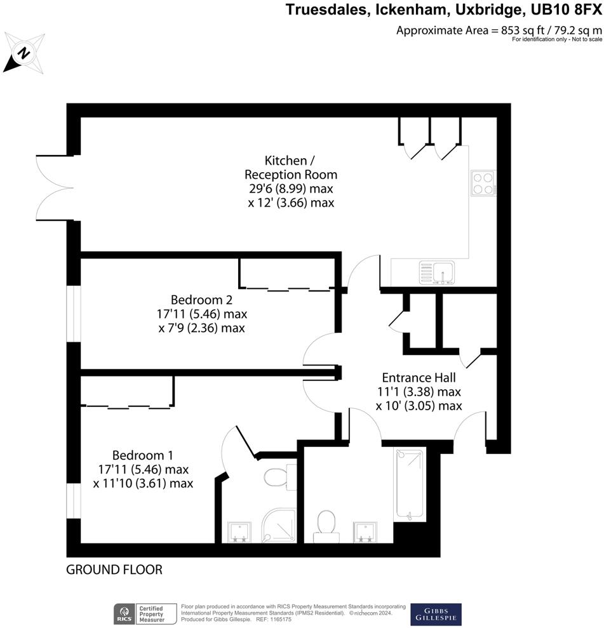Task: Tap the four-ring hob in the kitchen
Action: [x=483, y=182]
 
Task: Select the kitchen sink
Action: [x=435, y=271]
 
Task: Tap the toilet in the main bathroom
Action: [x=326, y=524]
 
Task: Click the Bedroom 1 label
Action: [x=143, y=455]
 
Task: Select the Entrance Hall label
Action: [x=418, y=376]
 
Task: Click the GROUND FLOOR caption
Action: [x=114, y=570]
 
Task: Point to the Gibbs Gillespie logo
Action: [x=436, y=614]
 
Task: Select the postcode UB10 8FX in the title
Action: [x=563, y=10]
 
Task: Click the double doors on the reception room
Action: [x=55, y=187]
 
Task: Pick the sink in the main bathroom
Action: [x=366, y=532]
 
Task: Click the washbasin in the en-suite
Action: [x=239, y=532]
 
